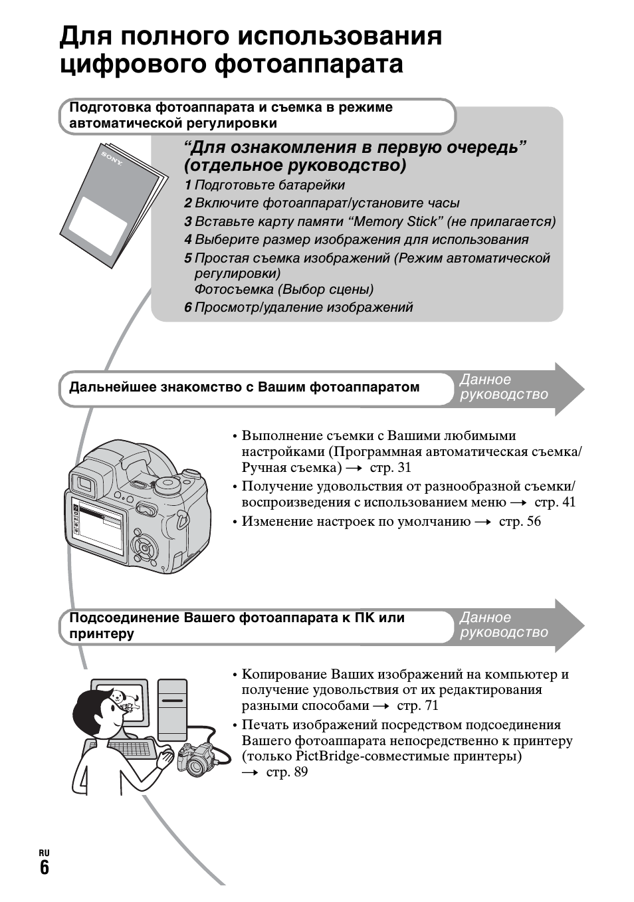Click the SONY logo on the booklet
[x=112, y=160]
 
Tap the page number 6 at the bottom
[x=44, y=867]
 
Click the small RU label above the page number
[x=44, y=853]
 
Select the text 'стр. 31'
[x=390, y=467]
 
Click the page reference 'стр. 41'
[x=555, y=503]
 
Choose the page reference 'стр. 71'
[x=417, y=706]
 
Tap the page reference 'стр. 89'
[x=286, y=772]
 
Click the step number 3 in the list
[x=188, y=222]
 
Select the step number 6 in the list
[x=188, y=308]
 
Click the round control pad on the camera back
[x=145, y=546]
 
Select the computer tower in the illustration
[x=172, y=709]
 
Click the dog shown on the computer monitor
[x=120, y=698]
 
